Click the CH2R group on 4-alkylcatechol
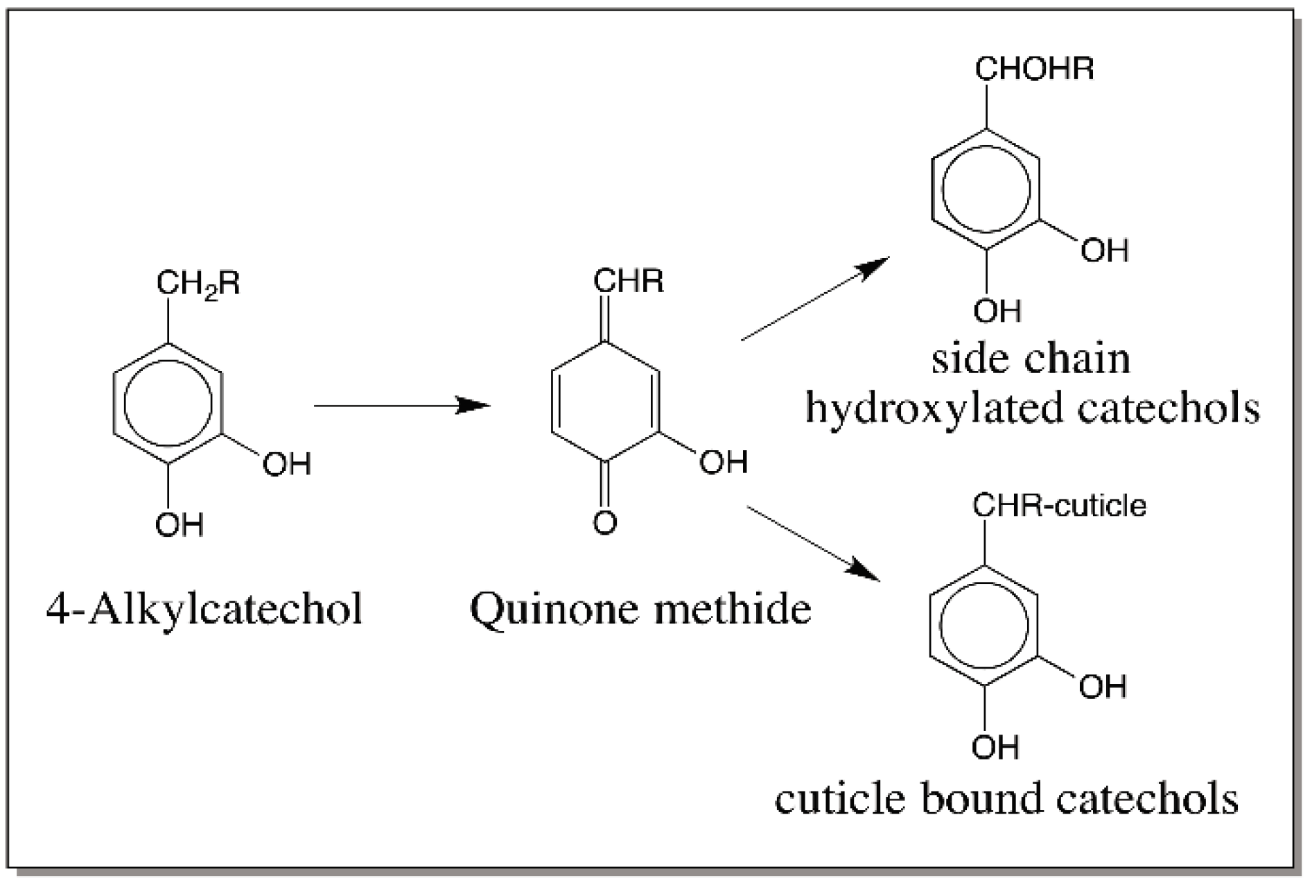tap(198, 284)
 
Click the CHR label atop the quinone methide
tap(628, 281)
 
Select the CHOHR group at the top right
tap(1034, 69)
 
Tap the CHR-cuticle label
tap(1059, 506)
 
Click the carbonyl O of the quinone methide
tap(605, 522)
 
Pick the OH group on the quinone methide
tap(723, 462)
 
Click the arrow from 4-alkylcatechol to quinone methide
tap(402, 405)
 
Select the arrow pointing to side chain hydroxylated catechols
tap(814, 300)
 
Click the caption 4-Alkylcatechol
tap(204, 609)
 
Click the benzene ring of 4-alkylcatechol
tap(168, 404)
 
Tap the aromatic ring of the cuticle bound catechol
tap(983, 626)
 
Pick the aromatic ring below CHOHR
tap(985, 189)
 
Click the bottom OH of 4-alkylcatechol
tap(179, 525)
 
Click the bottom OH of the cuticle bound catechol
tap(995, 748)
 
